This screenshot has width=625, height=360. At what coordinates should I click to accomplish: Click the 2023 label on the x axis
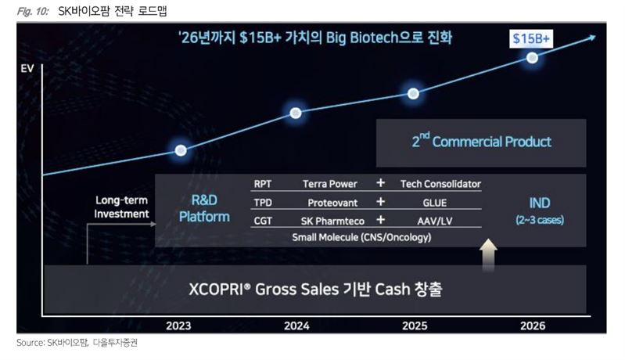coord(178,326)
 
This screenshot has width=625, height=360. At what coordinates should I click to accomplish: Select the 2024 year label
coord(296,326)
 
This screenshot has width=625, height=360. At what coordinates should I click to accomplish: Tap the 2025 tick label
coord(415,326)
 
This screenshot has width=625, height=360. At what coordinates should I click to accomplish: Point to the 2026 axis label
coord(533,326)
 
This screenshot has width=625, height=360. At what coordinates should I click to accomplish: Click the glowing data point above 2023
coord(181,150)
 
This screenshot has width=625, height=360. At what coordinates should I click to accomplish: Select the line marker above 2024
coord(296,113)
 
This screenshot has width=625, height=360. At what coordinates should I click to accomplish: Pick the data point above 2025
coord(413,94)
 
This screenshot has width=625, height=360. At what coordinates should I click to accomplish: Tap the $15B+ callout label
coord(531,38)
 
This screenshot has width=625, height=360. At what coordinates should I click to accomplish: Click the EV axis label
coord(27,69)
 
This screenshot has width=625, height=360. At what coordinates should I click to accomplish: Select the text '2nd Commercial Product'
coord(482,141)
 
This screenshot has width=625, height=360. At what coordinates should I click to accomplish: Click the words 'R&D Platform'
coord(204,208)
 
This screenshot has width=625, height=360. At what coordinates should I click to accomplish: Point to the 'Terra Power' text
coord(329,184)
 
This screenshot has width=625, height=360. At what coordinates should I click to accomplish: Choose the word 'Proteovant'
coord(332,203)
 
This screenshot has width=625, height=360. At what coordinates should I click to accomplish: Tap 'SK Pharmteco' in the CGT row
coord(332,221)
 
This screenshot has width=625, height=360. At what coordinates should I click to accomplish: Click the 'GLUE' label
coord(434,203)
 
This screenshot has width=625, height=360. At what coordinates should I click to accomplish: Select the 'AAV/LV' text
coord(434,221)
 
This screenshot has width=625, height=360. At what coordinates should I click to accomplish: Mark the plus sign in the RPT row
coord(381,182)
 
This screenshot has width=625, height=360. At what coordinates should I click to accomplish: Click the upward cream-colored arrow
coord(488,254)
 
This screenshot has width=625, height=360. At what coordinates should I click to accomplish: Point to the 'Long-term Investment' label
coord(121,207)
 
